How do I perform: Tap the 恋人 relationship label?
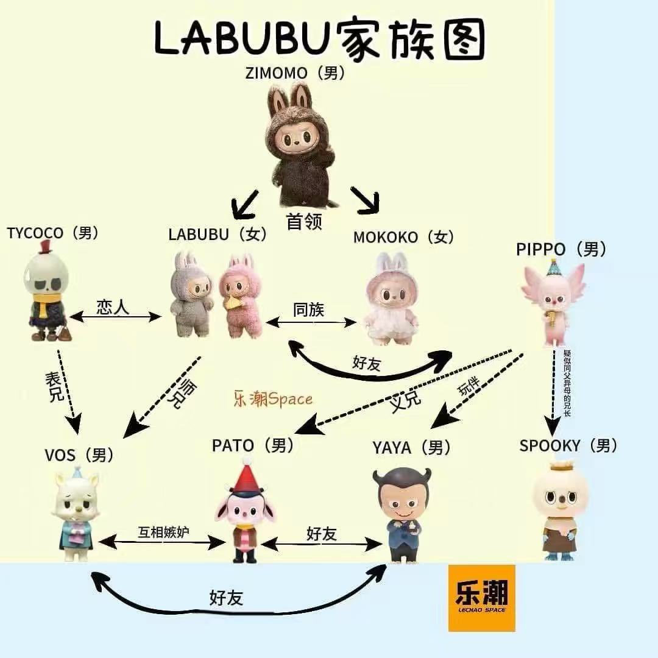tap(113, 307)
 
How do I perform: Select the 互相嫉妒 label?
tap(163, 532)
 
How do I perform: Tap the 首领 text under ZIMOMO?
tap(304, 222)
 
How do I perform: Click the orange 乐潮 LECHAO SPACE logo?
tap(481, 597)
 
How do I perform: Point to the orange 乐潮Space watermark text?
tap(272, 399)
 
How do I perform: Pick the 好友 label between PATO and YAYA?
tap(322, 534)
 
